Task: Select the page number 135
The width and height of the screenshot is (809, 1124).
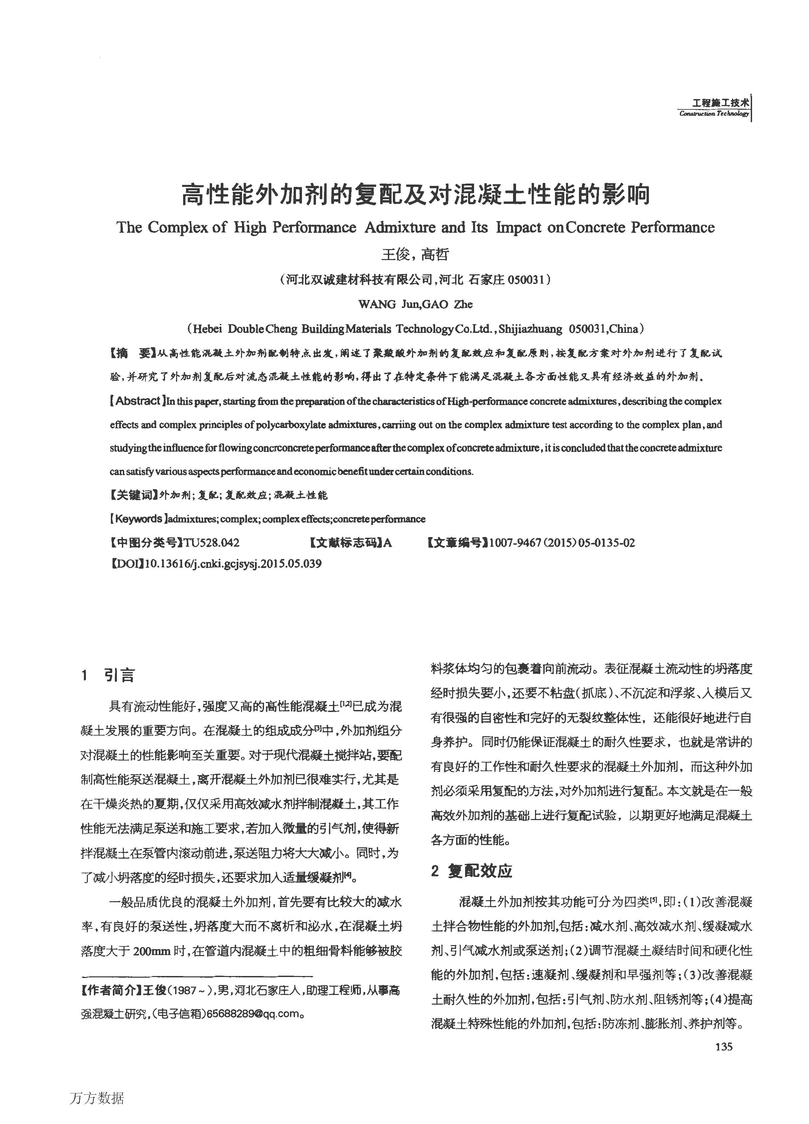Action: coord(724,1046)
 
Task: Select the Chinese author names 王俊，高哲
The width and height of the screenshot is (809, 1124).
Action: coord(415,254)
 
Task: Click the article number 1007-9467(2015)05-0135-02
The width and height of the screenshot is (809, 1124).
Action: coord(562,543)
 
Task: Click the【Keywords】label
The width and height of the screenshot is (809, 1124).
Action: coord(137,519)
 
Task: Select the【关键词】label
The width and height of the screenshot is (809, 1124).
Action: coord(133,494)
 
